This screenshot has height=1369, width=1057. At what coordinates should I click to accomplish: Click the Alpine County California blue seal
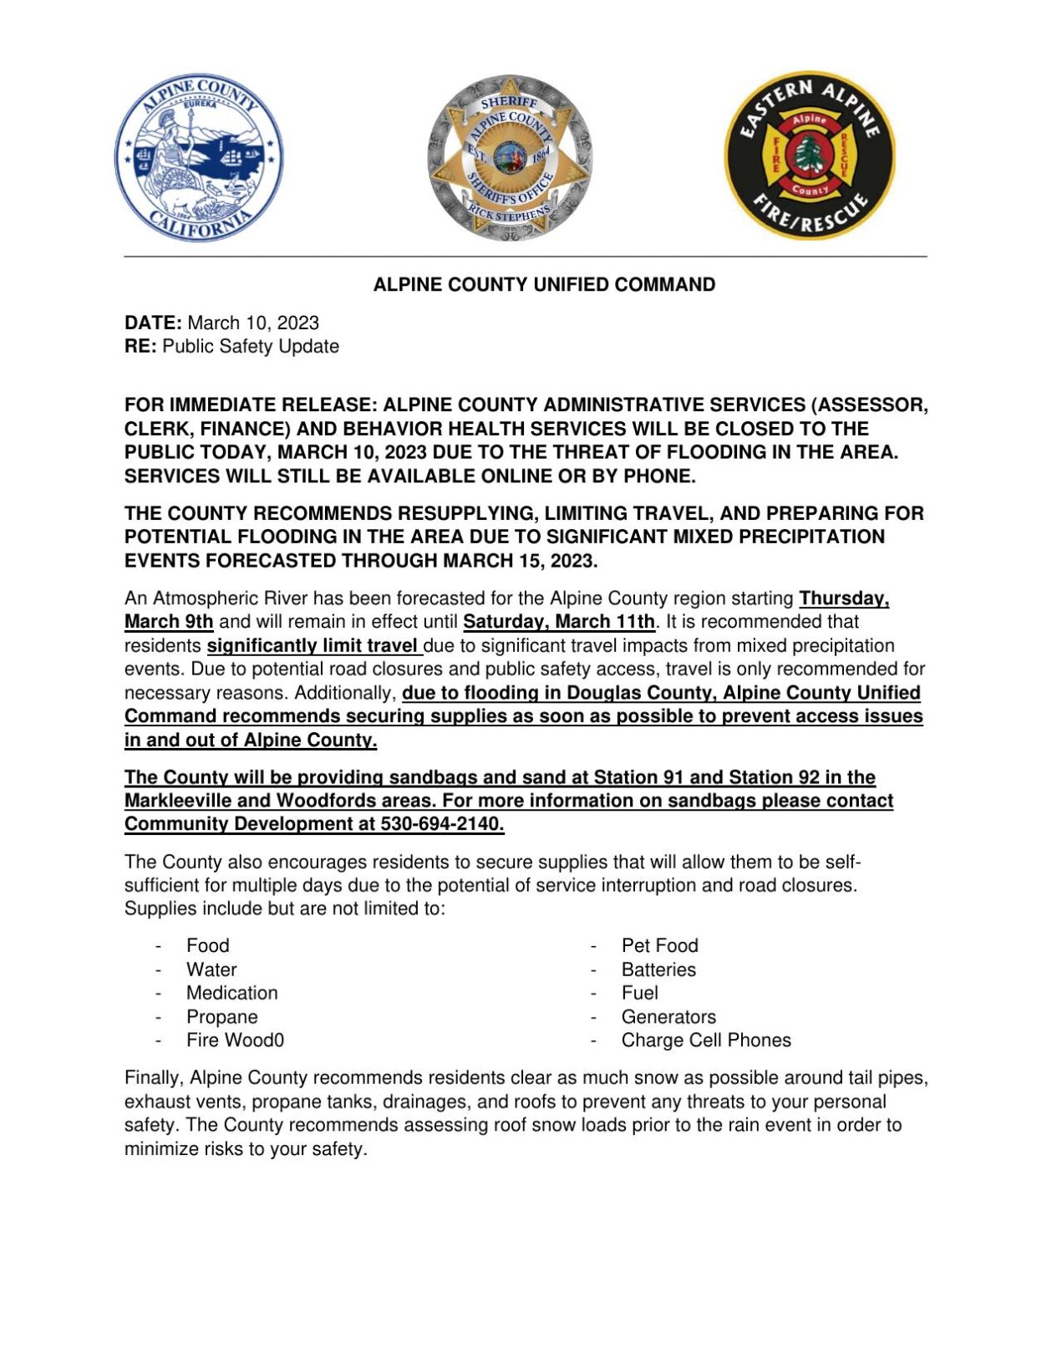(x=199, y=157)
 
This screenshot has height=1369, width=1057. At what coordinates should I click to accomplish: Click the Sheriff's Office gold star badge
(x=509, y=158)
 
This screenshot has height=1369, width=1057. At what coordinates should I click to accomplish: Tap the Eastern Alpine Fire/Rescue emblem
(x=809, y=155)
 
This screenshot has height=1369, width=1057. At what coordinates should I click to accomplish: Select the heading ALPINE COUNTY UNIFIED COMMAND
(x=544, y=285)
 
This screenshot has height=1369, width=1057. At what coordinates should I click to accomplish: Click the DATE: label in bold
(x=153, y=323)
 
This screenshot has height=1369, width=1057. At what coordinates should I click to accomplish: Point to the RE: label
(x=140, y=347)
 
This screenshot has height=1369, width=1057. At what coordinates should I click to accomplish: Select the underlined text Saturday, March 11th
(x=559, y=623)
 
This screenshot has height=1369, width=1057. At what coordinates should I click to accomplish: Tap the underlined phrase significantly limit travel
(x=313, y=646)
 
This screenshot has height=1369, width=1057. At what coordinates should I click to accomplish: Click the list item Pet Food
(x=659, y=946)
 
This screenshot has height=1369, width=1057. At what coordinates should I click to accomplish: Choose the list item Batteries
(x=658, y=970)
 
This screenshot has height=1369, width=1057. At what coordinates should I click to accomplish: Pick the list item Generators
(x=668, y=1018)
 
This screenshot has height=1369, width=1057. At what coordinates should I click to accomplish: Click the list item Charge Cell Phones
(x=706, y=1041)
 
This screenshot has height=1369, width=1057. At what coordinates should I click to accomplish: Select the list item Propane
(x=221, y=1018)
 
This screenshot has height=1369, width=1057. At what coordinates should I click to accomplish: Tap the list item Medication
(x=231, y=994)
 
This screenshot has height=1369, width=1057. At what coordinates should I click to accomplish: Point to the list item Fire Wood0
(x=235, y=1041)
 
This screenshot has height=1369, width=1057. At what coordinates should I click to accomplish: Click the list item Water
(x=211, y=970)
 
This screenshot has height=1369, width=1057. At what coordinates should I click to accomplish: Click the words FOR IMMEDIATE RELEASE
(x=250, y=405)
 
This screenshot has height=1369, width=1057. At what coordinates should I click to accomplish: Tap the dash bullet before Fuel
(x=593, y=994)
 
